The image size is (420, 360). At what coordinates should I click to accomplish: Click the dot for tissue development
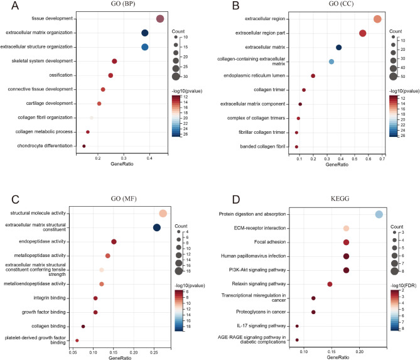point(160,19)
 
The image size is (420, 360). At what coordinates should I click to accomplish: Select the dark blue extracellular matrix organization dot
point(145,33)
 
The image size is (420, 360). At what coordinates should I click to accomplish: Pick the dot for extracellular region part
point(362,33)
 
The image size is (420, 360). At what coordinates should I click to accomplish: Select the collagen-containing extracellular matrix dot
point(331,62)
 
